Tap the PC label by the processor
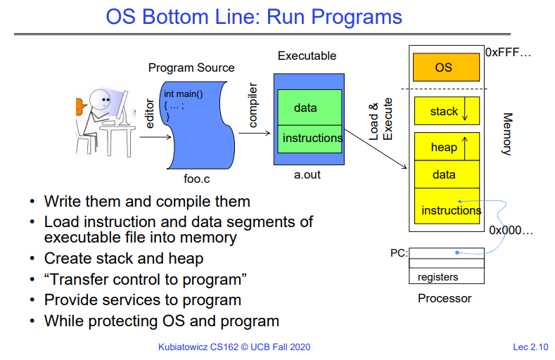click(x=399, y=253)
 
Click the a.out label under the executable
click(x=307, y=174)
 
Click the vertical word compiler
click(x=253, y=106)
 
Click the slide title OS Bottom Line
click(x=254, y=17)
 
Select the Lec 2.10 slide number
click(x=530, y=347)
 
